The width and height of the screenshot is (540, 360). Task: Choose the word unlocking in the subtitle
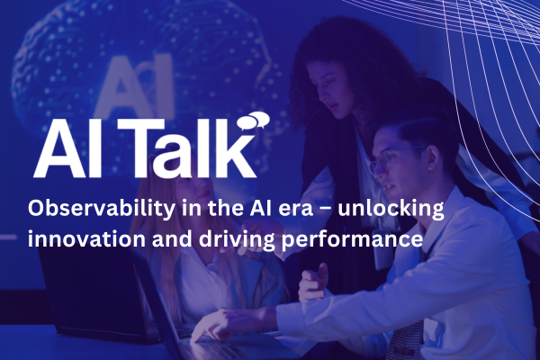tap(396, 209)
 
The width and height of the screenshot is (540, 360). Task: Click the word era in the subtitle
tap(302, 209)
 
